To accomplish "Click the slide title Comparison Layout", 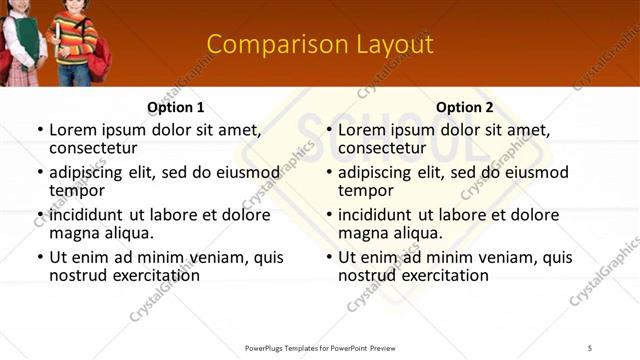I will pyautogui.click(x=319, y=45).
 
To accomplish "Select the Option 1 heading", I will pyautogui.click(x=176, y=107).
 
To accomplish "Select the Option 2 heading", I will pyautogui.click(x=465, y=107).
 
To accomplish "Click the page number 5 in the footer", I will pyautogui.click(x=589, y=347).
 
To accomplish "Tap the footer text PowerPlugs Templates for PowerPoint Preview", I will pyautogui.click(x=319, y=347).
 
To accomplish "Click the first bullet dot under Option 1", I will pyautogui.click(x=40, y=130).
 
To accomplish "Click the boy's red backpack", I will pyautogui.click(x=99, y=62).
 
